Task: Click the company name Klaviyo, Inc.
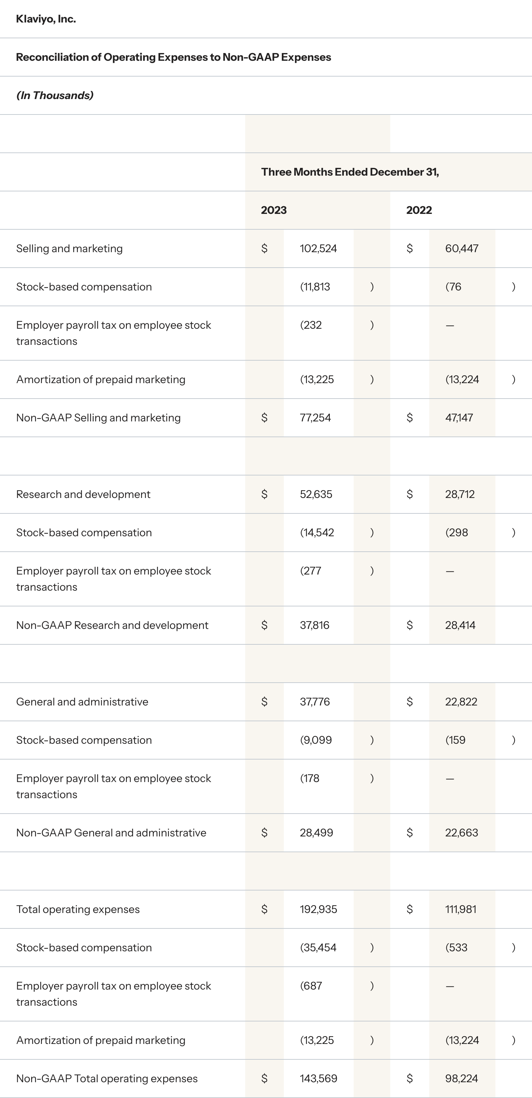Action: click(x=46, y=19)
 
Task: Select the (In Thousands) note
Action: click(x=54, y=95)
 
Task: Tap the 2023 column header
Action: click(x=274, y=210)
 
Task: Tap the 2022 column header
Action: click(x=418, y=210)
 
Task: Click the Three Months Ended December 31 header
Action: click(x=350, y=172)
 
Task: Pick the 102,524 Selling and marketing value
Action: click(x=318, y=248)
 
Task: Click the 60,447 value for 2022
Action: click(x=462, y=248)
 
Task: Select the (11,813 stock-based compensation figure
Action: click(x=315, y=287)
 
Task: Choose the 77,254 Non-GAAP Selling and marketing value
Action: click(x=315, y=418)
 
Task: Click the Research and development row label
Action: click(x=83, y=495)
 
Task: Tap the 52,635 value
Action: click(x=316, y=495)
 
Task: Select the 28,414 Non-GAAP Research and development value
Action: click(x=460, y=625)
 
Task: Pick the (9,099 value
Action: click(x=316, y=740)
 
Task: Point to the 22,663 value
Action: click(x=461, y=833)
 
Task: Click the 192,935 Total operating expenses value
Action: click(x=318, y=910)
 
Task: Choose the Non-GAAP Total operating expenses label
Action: click(x=106, y=1079)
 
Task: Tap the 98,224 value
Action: click(x=461, y=1079)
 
